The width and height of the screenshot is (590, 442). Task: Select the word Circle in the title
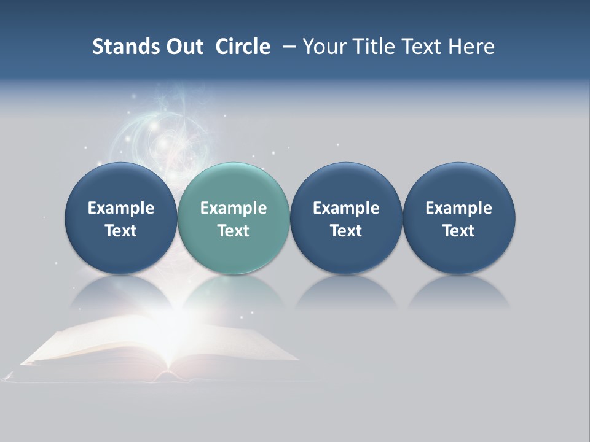(243, 47)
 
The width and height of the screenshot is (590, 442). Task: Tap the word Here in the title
(471, 47)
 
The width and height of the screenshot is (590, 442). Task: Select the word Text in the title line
(422, 47)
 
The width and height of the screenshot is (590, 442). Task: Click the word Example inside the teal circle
(234, 208)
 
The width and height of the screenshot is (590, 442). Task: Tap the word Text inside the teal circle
(234, 231)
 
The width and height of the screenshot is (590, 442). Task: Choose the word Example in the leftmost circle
(121, 208)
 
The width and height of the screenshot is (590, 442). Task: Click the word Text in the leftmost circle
(121, 231)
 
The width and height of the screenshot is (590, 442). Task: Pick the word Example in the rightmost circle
(458, 208)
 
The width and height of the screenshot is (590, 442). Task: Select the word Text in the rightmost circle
(458, 231)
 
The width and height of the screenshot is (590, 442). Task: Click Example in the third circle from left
(346, 208)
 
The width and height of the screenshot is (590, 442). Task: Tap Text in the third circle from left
(346, 231)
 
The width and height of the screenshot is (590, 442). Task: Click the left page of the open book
(98, 347)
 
